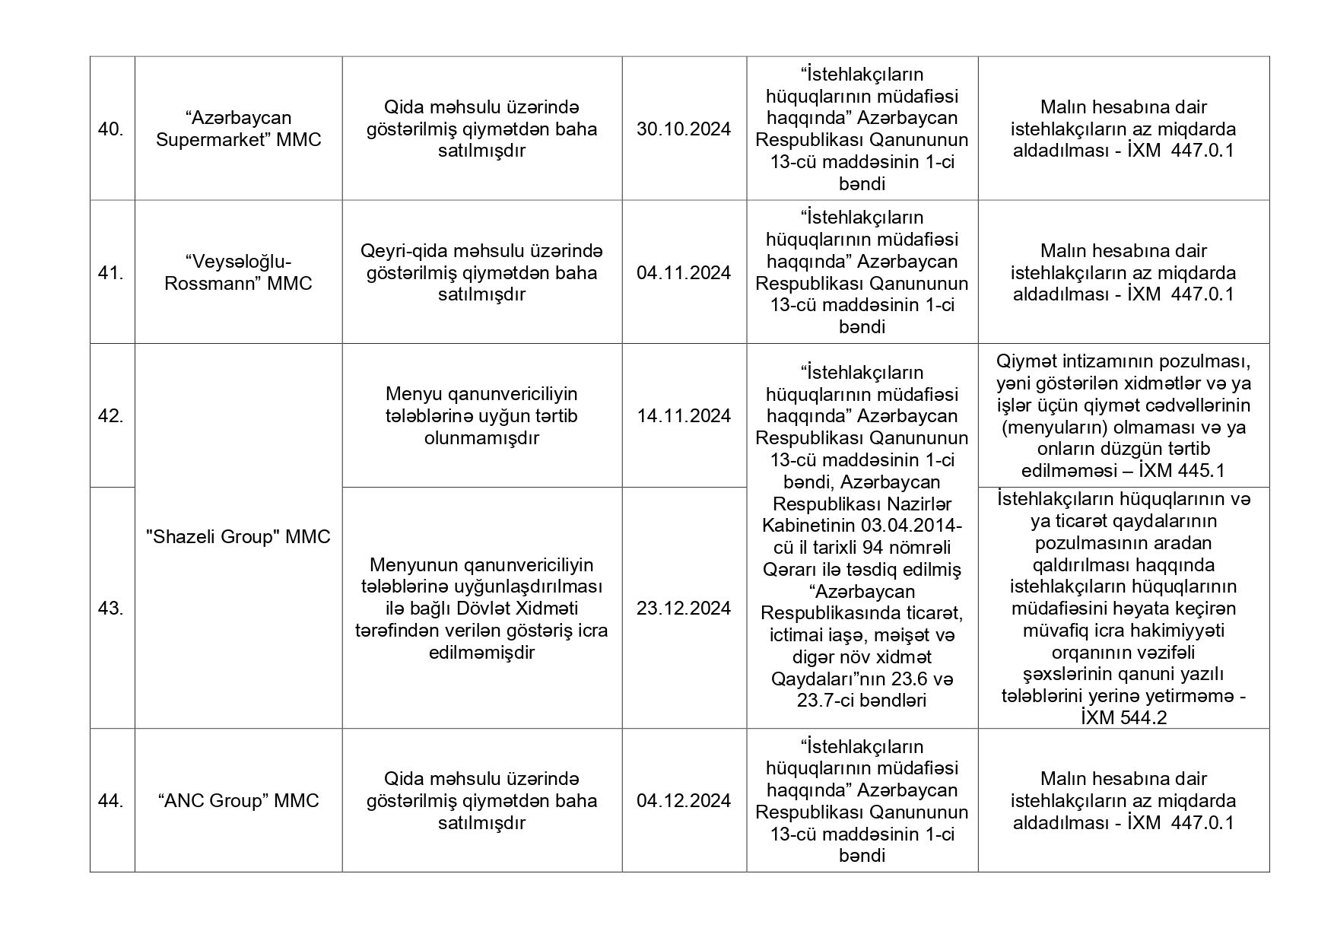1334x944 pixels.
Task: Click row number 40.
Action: tap(111, 129)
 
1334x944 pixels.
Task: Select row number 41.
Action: tap(111, 272)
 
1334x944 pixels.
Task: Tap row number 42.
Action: tap(111, 416)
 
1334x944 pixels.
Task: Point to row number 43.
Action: tap(111, 608)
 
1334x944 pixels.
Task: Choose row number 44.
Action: tap(111, 800)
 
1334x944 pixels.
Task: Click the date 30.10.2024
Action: tap(684, 129)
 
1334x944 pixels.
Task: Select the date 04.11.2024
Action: tap(684, 272)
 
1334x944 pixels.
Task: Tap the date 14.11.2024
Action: tap(684, 416)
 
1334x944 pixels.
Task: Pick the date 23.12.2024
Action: tap(684, 608)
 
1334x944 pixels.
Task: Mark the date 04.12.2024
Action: tap(684, 800)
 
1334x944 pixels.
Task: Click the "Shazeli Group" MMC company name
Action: tap(238, 537)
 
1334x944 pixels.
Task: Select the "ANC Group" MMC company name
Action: tap(238, 800)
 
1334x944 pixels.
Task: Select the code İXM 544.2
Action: tap(1123, 718)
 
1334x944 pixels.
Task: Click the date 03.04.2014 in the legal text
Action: tap(911, 526)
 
